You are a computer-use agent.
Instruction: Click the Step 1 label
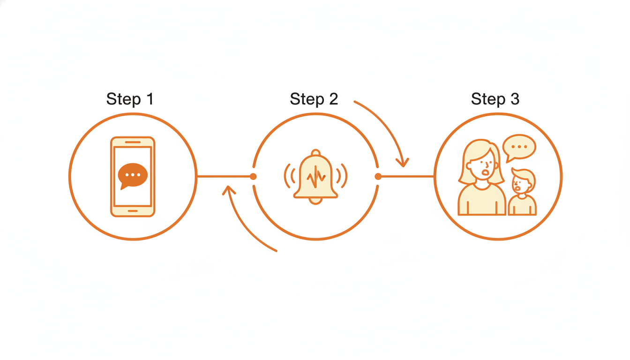pos(130,99)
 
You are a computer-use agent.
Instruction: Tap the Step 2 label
pos(314,99)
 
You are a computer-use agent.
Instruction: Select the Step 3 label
pos(495,99)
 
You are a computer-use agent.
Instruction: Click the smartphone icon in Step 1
pos(133,177)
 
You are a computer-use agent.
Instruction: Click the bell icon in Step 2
pos(315,176)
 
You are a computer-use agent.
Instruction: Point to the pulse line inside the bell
pos(316,177)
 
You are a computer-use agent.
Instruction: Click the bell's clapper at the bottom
pos(315,201)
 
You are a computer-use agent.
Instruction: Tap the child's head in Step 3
pos(522,181)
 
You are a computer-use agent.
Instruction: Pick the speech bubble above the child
pos(519,147)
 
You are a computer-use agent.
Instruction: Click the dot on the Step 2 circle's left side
pos(253,177)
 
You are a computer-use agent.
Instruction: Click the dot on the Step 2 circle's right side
pos(378,177)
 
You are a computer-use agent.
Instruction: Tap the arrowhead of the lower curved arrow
pos(228,190)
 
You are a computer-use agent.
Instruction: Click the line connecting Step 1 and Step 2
pos(224,177)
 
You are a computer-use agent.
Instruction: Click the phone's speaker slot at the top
pos(133,142)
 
